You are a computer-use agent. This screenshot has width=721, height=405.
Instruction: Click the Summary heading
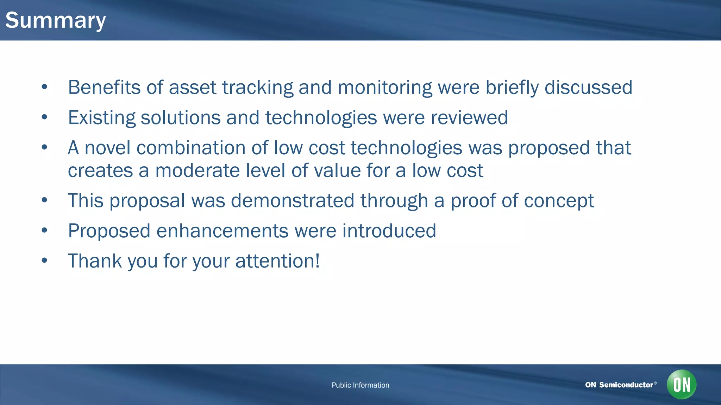tap(55, 20)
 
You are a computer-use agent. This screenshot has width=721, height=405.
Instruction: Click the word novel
tap(107, 148)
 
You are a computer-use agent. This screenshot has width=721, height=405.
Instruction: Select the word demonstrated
tap(292, 201)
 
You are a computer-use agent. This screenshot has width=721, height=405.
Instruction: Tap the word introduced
tap(389, 231)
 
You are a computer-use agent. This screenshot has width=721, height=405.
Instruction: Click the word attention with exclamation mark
tap(277, 261)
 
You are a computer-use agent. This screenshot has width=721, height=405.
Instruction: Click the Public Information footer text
tap(360, 385)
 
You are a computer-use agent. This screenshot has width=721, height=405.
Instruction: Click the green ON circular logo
tap(681, 384)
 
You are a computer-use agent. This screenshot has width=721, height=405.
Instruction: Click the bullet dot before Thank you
tap(44, 261)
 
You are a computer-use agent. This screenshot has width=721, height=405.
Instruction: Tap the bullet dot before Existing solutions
tap(44, 117)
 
